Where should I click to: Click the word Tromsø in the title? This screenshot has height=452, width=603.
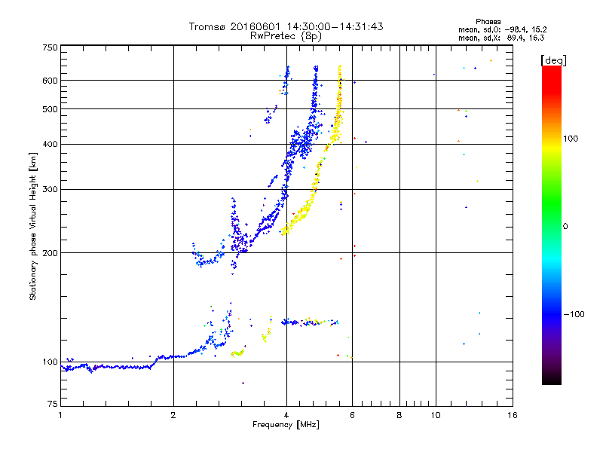pyautogui.click(x=206, y=26)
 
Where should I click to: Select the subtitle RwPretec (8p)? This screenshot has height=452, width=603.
pyautogui.click(x=286, y=35)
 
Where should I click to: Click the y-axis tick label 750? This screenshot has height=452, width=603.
pyautogui.click(x=50, y=47)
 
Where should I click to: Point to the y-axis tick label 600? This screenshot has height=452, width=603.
pyautogui.click(x=50, y=81)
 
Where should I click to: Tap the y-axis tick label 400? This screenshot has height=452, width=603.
pyautogui.click(x=50, y=144)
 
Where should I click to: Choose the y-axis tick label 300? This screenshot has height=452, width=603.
pyautogui.click(x=50, y=189)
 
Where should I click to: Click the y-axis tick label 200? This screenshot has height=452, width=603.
pyautogui.click(x=50, y=252)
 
